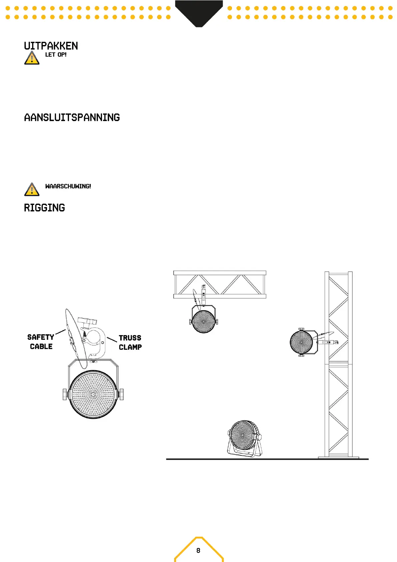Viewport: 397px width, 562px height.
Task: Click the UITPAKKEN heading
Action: click(51, 46)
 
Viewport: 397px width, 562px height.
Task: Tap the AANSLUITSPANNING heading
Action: click(72, 117)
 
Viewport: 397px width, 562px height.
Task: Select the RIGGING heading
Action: click(44, 208)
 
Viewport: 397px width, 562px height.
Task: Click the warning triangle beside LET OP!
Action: click(32, 58)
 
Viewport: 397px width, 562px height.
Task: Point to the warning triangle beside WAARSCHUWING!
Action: click(32, 190)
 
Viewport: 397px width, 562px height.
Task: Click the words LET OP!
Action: click(56, 55)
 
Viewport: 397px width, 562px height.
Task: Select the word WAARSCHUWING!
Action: click(68, 186)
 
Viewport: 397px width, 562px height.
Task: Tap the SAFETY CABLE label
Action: click(41, 342)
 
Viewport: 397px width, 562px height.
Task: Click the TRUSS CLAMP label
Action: click(130, 342)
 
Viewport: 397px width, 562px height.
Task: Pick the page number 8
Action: click(198, 550)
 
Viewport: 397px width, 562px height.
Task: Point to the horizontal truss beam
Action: click(220, 284)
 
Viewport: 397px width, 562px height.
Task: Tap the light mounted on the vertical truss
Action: click(302, 342)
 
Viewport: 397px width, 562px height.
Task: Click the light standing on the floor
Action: click(244, 437)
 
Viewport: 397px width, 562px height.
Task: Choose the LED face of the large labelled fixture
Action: click(93, 394)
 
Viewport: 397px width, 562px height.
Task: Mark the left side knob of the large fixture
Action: click(65, 394)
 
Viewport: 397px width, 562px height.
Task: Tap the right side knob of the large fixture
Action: click(122, 394)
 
